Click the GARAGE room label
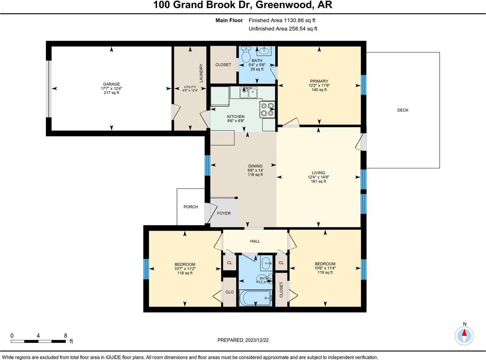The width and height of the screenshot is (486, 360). [x=111, y=84]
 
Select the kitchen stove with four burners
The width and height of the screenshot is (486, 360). [x=267, y=109]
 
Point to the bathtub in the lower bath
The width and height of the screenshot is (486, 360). [x=255, y=298]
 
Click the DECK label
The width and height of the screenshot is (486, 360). [x=402, y=110]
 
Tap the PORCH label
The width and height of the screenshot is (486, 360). [x=191, y=207]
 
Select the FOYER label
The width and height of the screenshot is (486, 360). [x=224, y=213]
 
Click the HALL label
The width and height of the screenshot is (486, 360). [x=255, y=241]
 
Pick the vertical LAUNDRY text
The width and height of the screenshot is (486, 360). [x=201, y=73]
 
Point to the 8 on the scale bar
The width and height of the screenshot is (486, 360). [x=65, y=336]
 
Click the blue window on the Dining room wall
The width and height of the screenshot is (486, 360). [x=207, y=166]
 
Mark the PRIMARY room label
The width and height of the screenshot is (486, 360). [x=319, y=81]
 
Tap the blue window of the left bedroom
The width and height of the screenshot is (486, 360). [x=146, y=269]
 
